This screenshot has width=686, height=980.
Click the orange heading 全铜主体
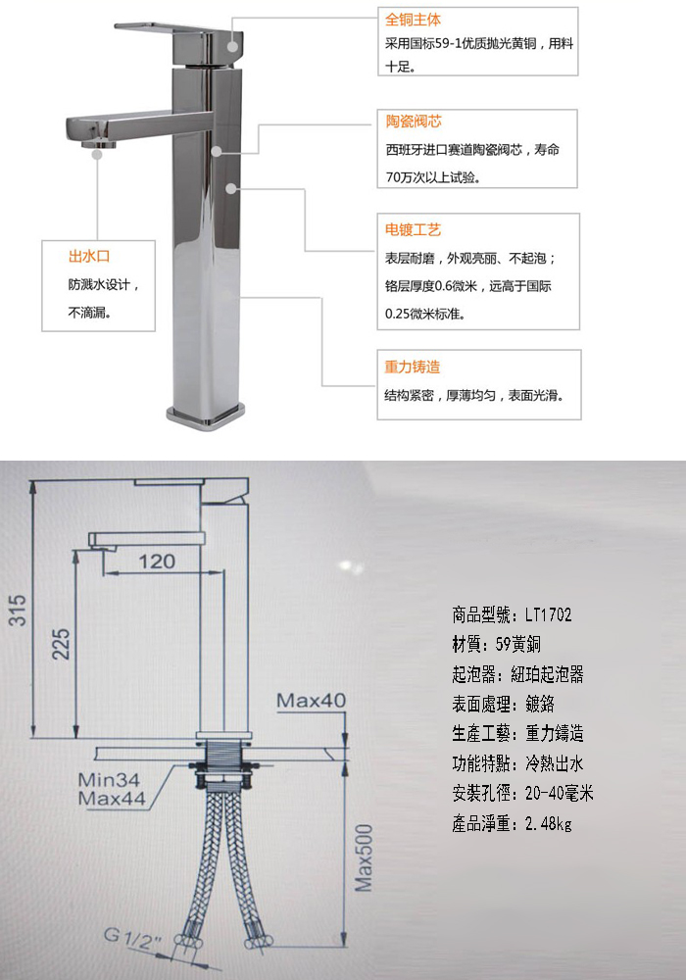[x=413, y=20]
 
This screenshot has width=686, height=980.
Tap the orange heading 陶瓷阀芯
[x=414, y=122]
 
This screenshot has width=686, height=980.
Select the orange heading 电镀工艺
[x=413, y=230]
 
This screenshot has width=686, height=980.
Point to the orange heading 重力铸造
[x=413, y=367]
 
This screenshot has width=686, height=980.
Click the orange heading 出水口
[x=89, y=256]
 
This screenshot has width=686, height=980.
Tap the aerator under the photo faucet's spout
[x=99, y=144]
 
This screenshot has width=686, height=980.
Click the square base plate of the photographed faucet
[x=206, y=416]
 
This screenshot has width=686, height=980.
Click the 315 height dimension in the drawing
[x=18, y=610]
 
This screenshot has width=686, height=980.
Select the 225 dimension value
[x=61, y=644]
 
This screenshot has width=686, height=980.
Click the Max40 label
[x=311, y=700]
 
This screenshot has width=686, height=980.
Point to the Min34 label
[x=109, y=779]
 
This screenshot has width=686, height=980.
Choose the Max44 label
[x=112, y=798]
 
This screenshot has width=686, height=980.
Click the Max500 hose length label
[x=364, y=857]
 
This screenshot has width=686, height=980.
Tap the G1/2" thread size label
[x=133, y=938]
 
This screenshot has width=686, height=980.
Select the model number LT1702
[x=548, y=615]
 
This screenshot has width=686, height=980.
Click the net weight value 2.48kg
[x=548, y=824]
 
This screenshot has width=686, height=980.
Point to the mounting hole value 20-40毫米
[x=559, y=794]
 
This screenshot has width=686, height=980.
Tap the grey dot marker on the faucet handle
[x=232, y=46]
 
